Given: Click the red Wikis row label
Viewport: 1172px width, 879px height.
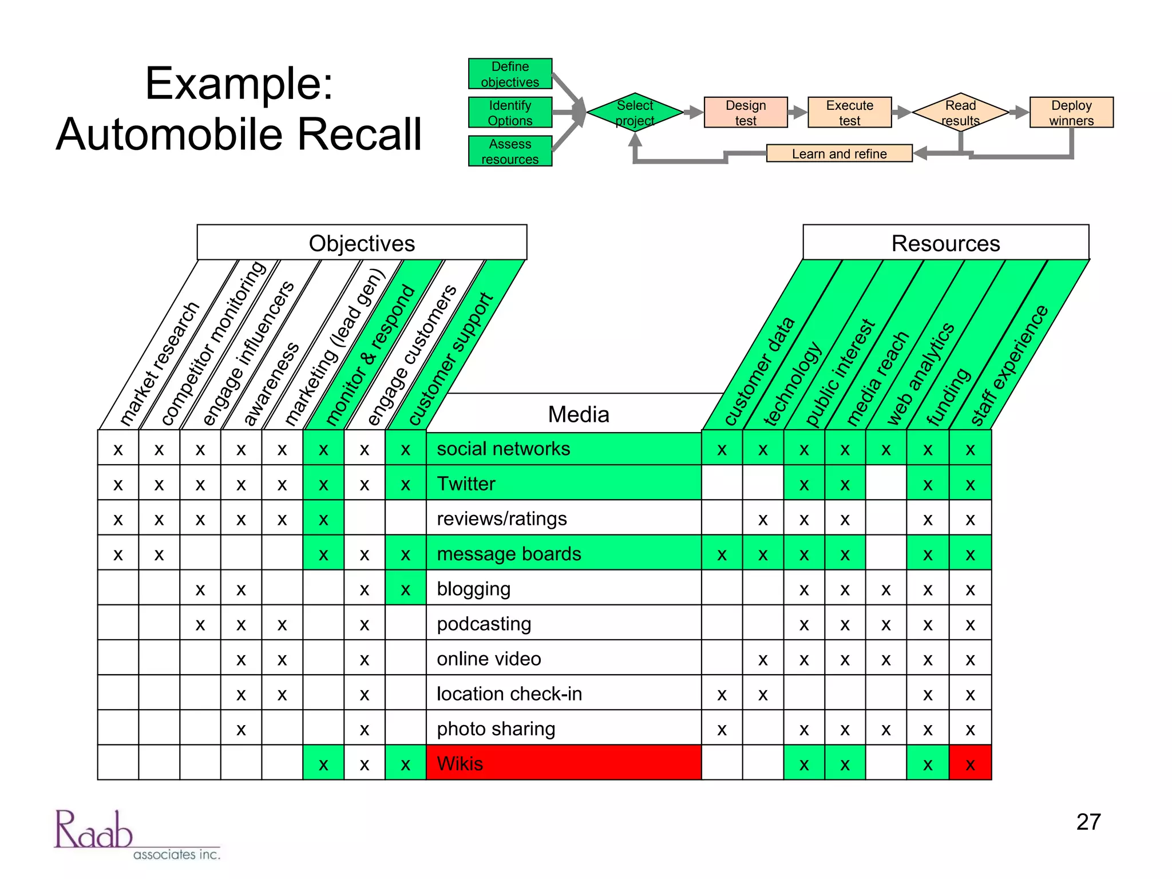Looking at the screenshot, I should [563, 763].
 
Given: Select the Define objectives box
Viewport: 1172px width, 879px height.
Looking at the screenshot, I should [510, 74].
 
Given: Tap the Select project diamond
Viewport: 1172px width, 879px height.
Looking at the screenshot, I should [635, 113].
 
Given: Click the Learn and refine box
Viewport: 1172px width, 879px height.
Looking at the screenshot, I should [839, 153].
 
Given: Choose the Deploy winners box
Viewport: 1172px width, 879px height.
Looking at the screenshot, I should [1071, 113].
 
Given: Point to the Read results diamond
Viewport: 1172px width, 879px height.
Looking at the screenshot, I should [960, 113].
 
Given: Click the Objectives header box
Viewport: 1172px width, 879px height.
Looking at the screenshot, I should [362, 243].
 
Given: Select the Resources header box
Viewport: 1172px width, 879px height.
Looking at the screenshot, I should [945, 243].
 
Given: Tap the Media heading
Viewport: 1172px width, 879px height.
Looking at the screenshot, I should [578, 414].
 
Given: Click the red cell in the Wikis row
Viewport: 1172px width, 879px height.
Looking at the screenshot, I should [970, 763].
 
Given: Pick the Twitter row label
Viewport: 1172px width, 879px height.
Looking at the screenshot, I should [563, 484].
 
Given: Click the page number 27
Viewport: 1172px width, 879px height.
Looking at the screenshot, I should [1088, 822].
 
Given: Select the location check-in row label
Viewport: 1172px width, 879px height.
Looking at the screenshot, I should [563, 694].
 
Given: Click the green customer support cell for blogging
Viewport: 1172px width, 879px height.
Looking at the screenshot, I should [405, 589].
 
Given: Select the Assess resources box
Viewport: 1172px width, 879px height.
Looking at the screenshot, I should [510, 151].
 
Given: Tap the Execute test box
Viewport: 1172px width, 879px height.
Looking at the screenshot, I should [849, 113].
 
